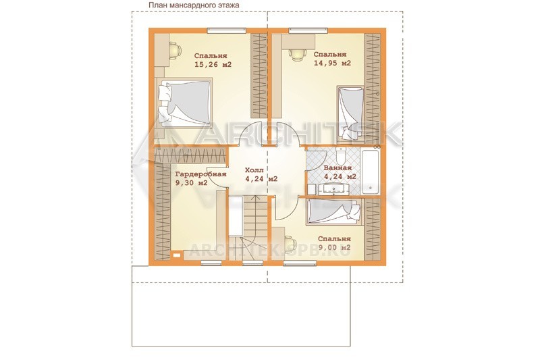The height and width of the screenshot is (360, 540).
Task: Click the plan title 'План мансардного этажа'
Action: pos(194,5)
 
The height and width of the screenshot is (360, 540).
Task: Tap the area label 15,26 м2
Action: pos(213,64)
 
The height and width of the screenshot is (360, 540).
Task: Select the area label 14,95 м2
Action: pos(332,63)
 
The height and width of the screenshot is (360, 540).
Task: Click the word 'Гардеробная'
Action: pos(200,174)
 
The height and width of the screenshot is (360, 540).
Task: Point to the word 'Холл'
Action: pos(254,170)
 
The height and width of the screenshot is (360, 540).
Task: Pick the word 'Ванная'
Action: pos(338,168)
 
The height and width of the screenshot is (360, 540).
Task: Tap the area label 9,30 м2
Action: pos(192,183)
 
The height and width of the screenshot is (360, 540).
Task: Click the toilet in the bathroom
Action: pos(340,156)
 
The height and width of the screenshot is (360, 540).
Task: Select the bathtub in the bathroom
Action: pos(371,170)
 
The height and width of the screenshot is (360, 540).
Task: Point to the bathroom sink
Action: pos(333,189)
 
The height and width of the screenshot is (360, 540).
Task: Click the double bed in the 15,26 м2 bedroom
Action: pos(184,103)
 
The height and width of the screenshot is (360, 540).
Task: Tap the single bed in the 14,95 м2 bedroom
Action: pos(350,113)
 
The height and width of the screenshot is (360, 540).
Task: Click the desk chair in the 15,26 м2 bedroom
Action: pos(175,51)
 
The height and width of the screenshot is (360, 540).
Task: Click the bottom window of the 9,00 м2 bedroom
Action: pos(300,263)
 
